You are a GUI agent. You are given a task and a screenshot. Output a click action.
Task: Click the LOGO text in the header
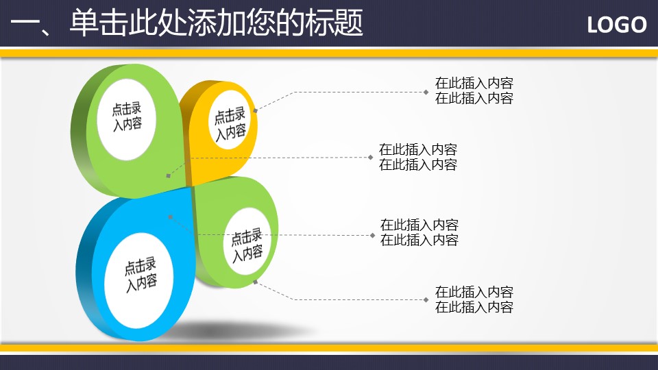(x=616, y=25)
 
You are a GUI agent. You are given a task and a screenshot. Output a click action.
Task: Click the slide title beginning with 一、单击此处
(x=186, y=23)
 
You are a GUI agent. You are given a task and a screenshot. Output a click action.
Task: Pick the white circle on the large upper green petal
(x=126, y=119)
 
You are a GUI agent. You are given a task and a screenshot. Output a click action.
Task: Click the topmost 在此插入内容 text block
(x=474, y=90)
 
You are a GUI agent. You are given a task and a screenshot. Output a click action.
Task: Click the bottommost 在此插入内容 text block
(x=474, y=299)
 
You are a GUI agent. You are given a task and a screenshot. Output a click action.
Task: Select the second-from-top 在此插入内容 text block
(x=418, y=157)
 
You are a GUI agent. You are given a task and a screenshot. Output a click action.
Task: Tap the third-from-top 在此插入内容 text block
(x=419, y=232)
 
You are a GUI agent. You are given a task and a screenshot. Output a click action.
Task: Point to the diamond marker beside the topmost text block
(x=426, y=92)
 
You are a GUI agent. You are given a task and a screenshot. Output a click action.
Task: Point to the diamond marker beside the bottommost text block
(x=426, y=300)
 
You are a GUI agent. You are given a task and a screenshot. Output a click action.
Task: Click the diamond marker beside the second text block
(x=370, y=158)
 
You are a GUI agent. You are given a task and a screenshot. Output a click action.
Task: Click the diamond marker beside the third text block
(x=372, y=235)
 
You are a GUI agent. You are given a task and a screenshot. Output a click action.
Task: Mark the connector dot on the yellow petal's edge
(x=255, y=111)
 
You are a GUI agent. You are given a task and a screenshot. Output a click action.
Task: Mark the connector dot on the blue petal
(x=170, y=217)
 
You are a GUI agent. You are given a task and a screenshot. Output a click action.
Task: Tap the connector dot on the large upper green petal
(x=169, y=176)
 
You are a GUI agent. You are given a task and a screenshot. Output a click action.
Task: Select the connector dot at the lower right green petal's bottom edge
(x=255, y=282)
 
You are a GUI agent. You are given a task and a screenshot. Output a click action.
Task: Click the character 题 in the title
(x=349, y=23)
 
